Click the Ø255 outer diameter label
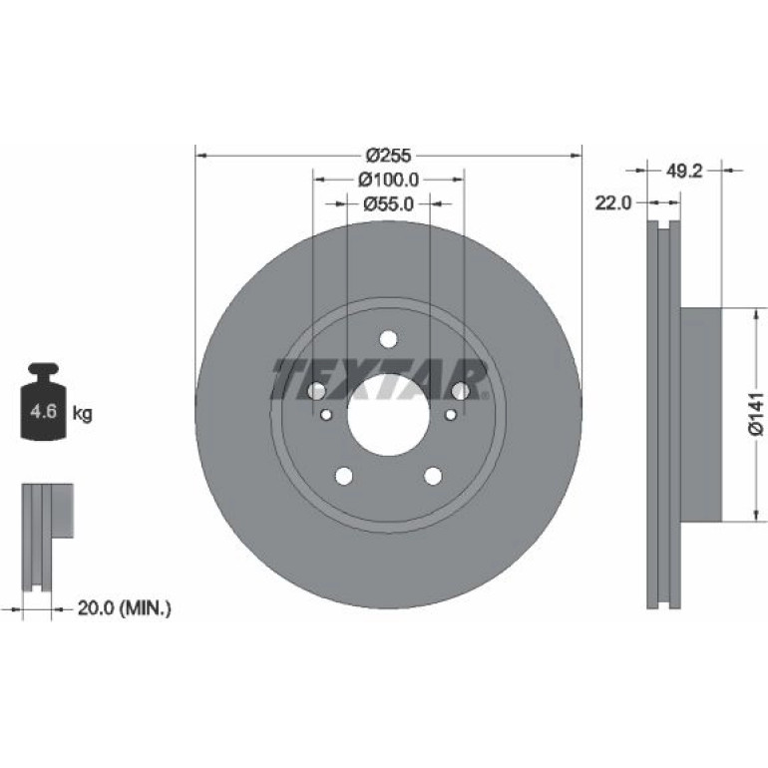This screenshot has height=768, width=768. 388,156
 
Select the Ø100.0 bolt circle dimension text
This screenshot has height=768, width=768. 388,180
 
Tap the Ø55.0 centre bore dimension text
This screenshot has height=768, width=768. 388,203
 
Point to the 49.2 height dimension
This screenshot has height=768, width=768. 684,171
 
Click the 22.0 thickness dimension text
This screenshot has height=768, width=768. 613,202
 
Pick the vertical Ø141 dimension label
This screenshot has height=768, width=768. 756,413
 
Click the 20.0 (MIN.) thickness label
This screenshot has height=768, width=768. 125,608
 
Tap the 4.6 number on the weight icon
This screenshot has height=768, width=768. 43,411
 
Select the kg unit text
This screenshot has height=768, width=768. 82,414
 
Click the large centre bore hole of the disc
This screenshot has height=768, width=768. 389,415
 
